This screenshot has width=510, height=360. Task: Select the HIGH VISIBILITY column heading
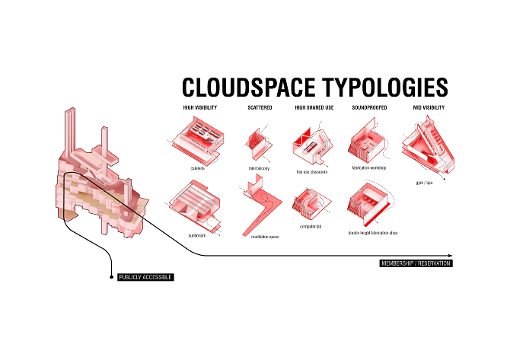200,108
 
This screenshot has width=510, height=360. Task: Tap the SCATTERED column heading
260,108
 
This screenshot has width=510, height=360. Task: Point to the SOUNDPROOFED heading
369,108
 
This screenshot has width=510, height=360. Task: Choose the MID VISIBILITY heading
429,108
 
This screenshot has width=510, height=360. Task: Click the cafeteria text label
199,167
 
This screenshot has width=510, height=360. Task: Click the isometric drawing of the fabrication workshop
368,144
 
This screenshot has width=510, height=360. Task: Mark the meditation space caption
265,237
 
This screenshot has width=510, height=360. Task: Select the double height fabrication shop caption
372,232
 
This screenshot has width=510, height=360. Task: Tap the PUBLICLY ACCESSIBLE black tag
145,277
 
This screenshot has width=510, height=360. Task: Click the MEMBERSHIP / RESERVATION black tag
416,263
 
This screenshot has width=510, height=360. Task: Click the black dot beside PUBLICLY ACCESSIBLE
112,276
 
